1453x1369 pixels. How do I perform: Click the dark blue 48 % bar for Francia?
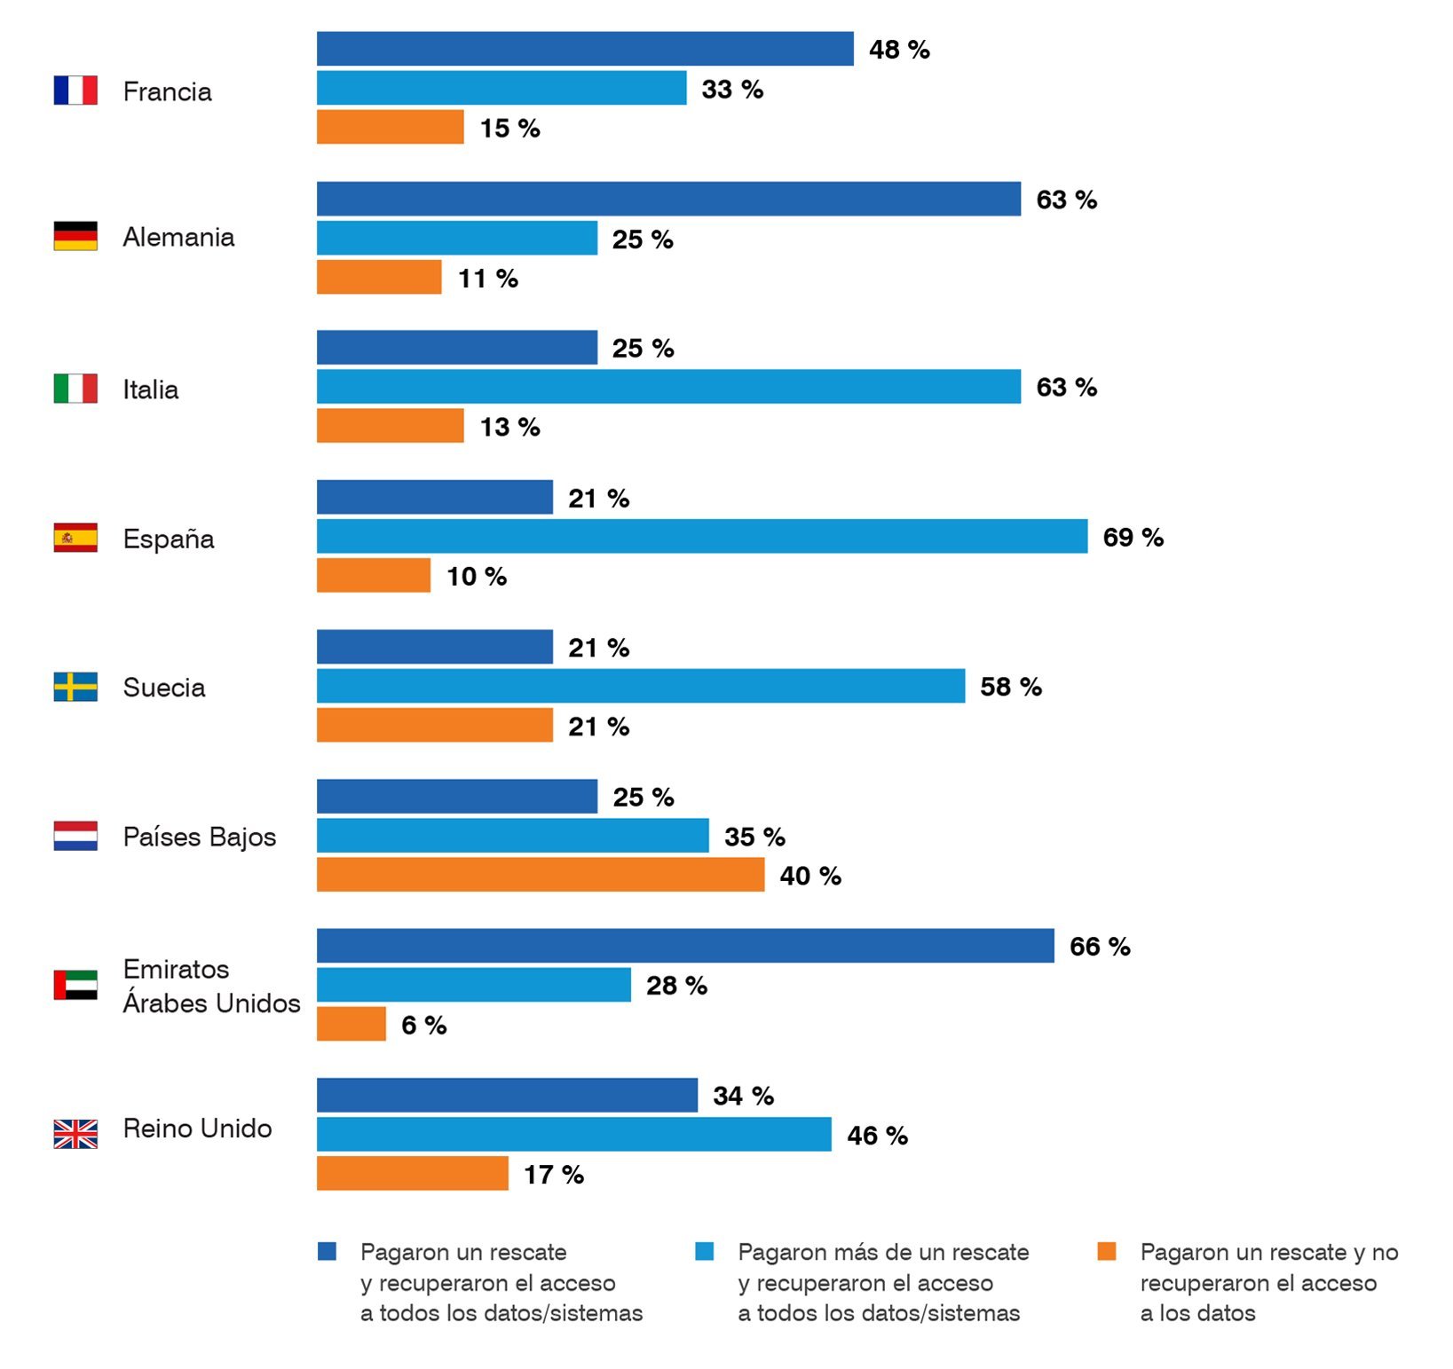(x=585, y=49)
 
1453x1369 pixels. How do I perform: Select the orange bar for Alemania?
(x=379, y=278)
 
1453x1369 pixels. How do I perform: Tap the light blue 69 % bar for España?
(x=701, y=537)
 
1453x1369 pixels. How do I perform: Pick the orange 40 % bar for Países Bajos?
(x=540, y=875)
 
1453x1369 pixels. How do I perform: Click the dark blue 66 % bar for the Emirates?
(x=685, y=946)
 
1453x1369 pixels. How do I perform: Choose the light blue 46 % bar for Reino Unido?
(x=573, y=1135)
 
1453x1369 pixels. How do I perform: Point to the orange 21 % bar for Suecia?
(x=434, y=726)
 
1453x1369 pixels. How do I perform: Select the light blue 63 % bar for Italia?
(x=668, y=387)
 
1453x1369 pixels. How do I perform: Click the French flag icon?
(x=75, y=90)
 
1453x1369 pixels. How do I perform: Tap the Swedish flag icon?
(x=75, y=687)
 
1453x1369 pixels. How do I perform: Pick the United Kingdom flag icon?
(x=75, y=1134)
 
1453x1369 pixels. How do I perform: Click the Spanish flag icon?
(x=75, y=538)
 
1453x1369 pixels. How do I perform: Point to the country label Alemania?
(x=178, y=237)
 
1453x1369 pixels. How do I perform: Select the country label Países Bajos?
(x=200, y=837)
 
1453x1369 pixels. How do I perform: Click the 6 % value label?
(x=423, y=1025)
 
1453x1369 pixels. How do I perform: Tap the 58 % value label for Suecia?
(x=1010, y=687)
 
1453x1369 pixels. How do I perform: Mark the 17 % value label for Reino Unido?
(x=553, y=1175)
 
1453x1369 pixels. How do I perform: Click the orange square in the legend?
(x=1106, y=1251)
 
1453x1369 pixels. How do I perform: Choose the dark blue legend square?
(x=327, y=1251)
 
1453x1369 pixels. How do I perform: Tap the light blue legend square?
(x=704, y=1251)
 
